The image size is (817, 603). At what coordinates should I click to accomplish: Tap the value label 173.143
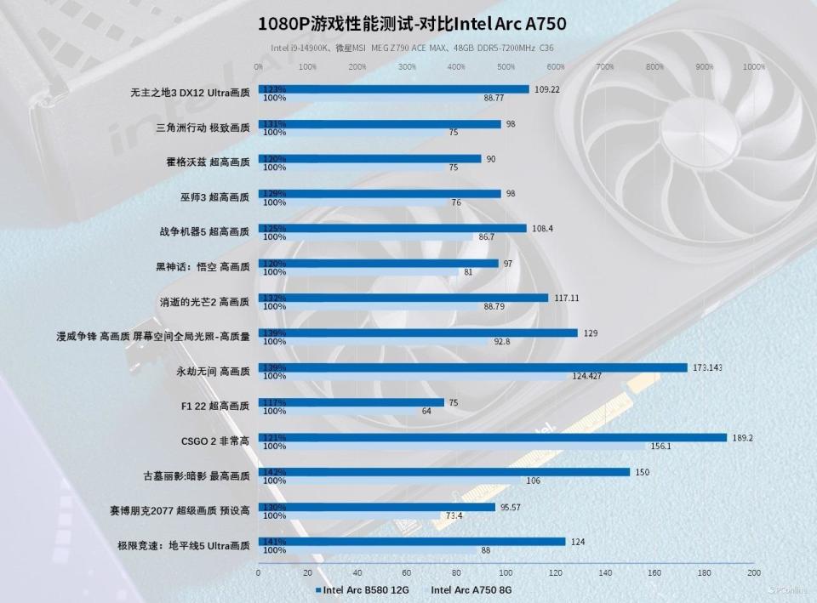(708, 367)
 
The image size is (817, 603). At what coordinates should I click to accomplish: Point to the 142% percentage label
(274, 472)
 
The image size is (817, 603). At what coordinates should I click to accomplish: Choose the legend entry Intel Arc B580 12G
(366, 589)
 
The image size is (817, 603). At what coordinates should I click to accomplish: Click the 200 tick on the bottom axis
(753, 573)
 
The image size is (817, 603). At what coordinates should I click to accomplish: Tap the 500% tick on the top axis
(506, 66)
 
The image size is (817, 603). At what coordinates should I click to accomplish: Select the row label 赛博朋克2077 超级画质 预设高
(180, 511)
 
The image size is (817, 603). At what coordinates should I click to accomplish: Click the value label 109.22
(546, 89)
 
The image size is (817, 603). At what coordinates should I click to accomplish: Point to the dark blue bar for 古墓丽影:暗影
(443, 472)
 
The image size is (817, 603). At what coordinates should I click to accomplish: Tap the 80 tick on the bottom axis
(456, 573)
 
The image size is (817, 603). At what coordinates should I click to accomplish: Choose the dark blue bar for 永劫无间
(472, 367)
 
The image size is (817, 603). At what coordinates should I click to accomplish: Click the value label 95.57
(510, 507)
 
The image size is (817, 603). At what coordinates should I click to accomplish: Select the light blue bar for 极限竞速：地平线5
(367, 550)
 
